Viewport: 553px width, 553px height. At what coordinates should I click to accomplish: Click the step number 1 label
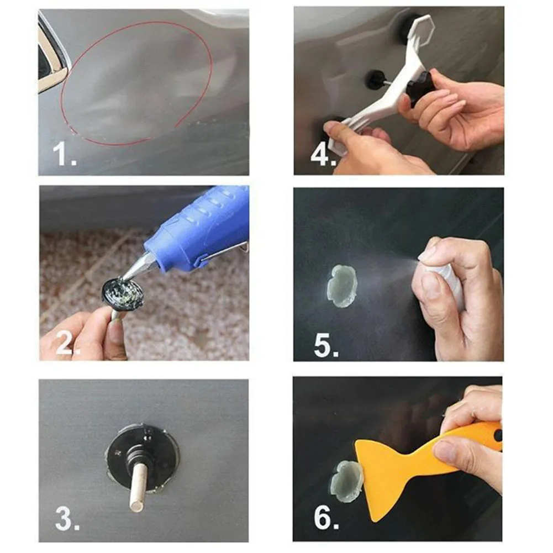point(65,154)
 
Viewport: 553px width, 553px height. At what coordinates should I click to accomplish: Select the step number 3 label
point(67,518)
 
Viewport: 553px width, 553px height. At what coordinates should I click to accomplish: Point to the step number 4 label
point(323,155)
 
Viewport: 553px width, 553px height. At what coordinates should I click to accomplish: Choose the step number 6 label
point(326,518)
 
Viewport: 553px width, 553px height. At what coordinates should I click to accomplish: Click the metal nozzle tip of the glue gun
point(138,266)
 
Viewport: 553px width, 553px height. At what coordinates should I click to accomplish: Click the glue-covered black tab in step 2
point(123,292)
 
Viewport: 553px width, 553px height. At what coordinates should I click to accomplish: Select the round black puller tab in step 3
point(141,458)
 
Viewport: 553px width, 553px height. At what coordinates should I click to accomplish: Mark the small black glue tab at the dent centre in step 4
point(376,80)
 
